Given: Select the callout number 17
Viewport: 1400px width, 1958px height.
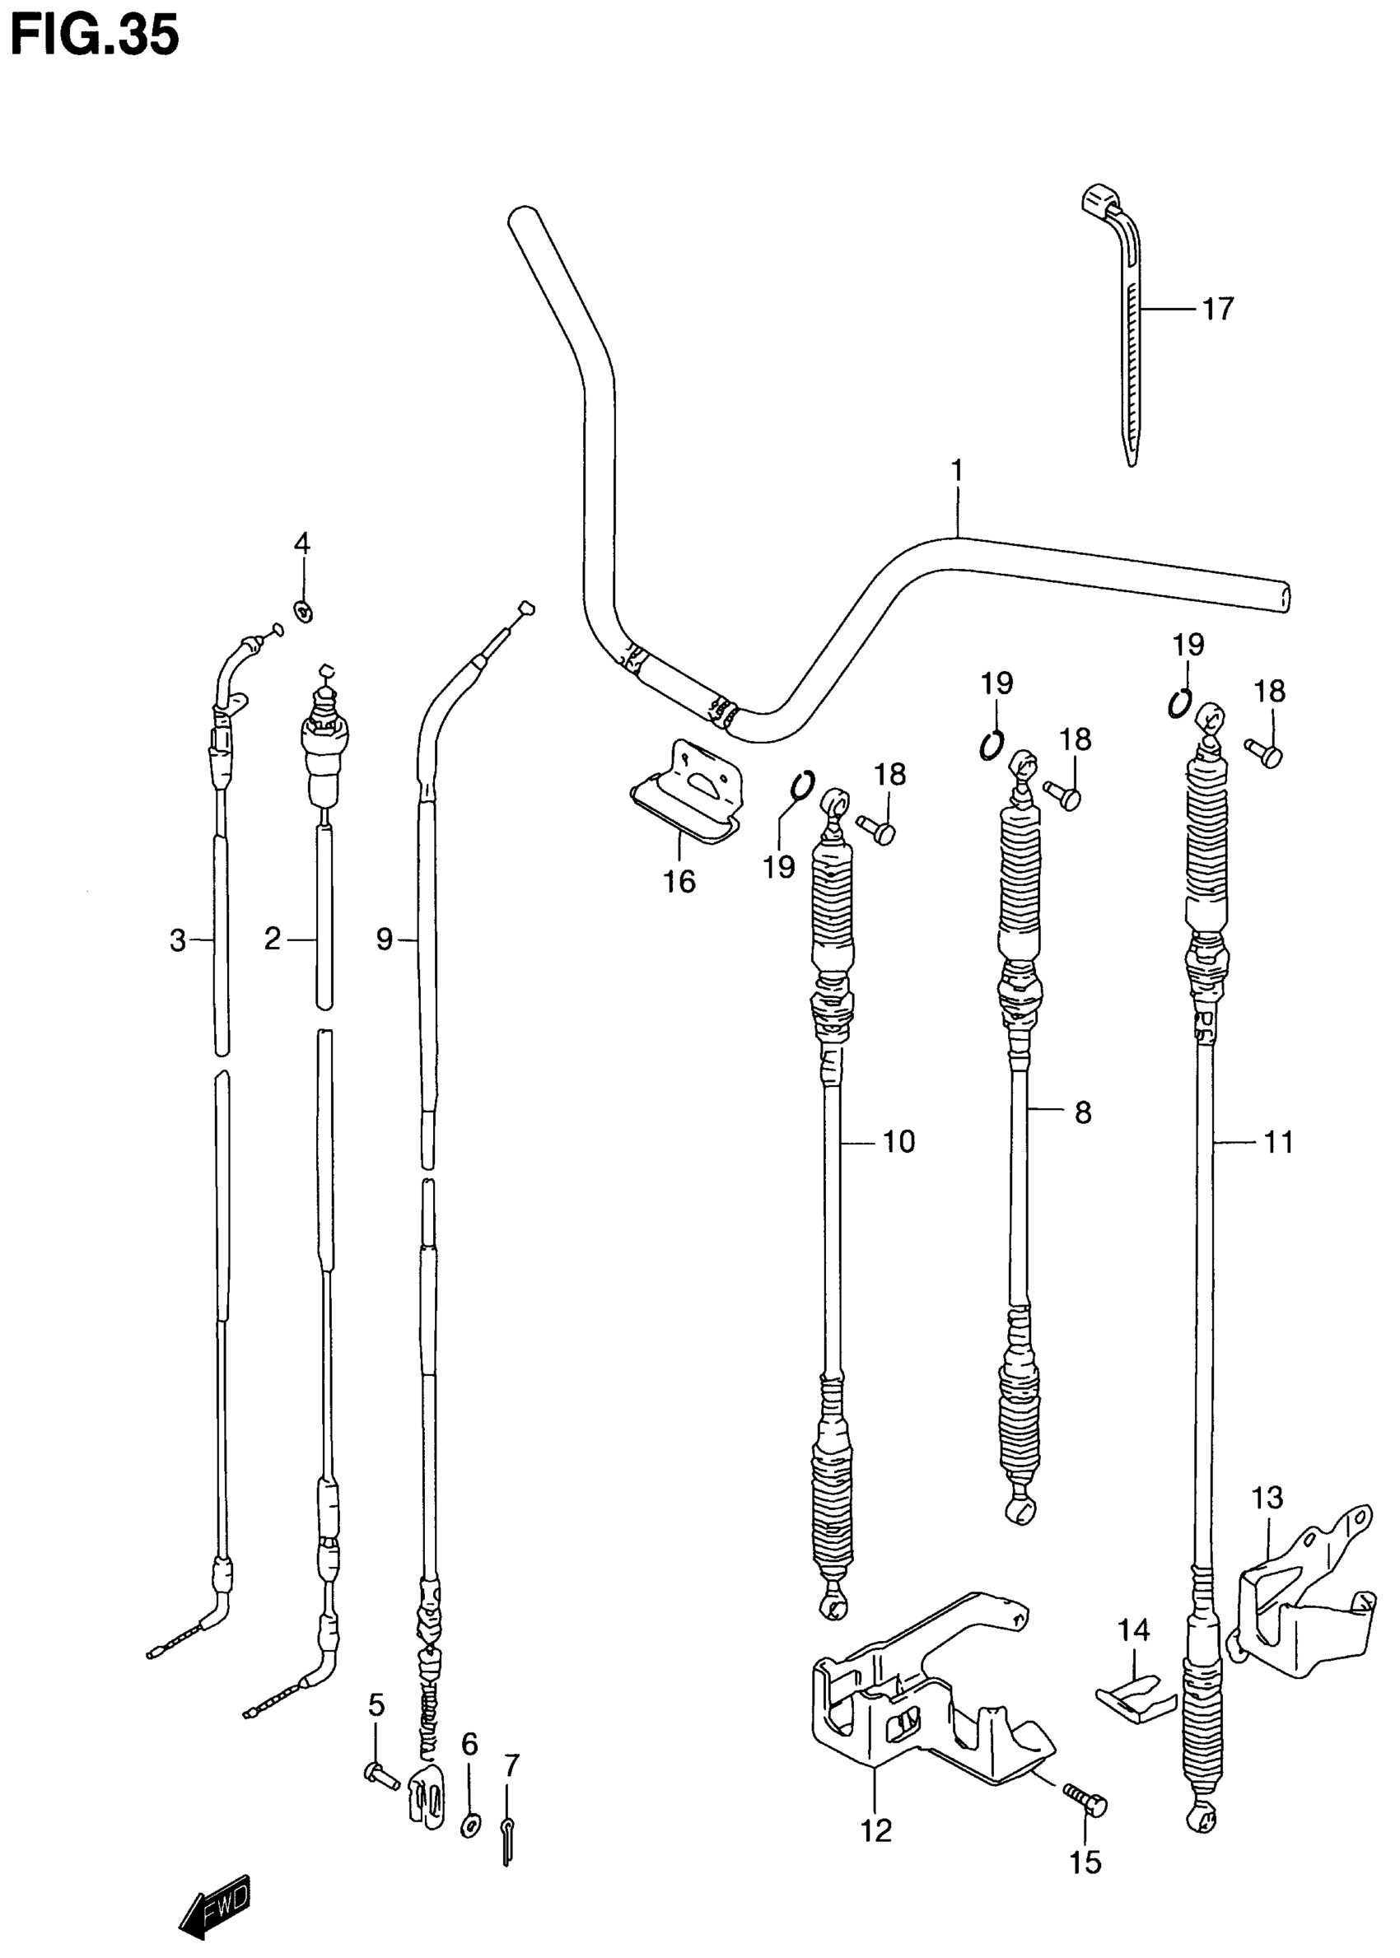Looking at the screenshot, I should click(x=1217, y=309).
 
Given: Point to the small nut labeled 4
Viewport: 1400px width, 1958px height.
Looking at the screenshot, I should click(x=302, y=611).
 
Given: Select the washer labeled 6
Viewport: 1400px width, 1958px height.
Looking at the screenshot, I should click(x=470, y=1824).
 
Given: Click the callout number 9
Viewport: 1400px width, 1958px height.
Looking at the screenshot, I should click(x=385, y=939).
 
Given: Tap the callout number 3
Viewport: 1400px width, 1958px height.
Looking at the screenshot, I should click(x=178, y=940).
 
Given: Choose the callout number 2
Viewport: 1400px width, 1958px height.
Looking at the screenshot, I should click(x=273, y=939).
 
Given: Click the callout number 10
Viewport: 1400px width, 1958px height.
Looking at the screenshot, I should click(x=898, y=1142).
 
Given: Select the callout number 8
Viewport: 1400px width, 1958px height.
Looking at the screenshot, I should click(x=1083, y=1112).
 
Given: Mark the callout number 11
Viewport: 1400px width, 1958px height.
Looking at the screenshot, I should click(x=1278, y=1142).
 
